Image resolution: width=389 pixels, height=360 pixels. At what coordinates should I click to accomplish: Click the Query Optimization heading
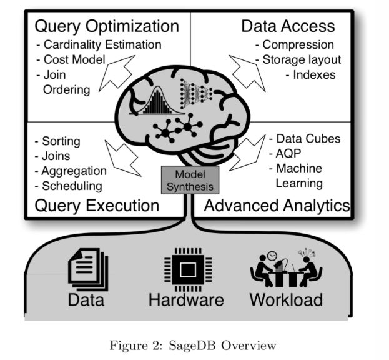tap(106, 26)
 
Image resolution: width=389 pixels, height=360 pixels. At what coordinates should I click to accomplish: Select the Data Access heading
tap(288, 26)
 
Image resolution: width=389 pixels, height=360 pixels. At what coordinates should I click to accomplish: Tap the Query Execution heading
tap(97, 206)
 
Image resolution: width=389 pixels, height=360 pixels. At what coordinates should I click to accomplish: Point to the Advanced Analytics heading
tap(277, 206)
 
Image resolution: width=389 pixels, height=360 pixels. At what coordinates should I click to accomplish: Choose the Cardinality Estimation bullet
tap(99, 45)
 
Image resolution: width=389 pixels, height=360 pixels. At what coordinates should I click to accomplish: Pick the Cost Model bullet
tap(74, 60)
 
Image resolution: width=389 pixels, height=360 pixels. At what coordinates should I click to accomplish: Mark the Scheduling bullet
tap(68, 186)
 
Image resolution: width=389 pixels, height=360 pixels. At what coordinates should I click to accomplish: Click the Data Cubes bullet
tap(304, 139)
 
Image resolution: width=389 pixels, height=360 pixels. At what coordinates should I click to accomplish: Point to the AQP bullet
tap(285, 154)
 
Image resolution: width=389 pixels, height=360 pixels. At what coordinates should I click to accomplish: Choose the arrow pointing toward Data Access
tap(249, 72)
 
